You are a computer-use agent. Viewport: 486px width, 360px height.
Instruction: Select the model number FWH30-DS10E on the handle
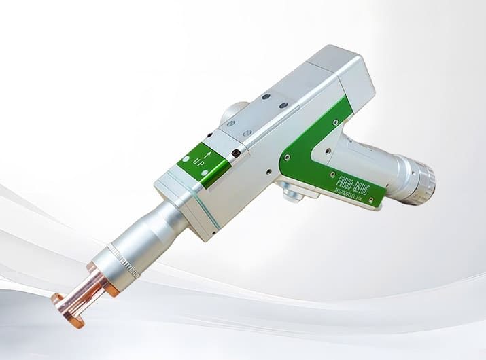tap(354, 182)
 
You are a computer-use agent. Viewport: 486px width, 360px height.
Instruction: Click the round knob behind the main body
tap(235, 111)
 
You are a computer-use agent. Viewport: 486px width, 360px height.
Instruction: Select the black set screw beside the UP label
tap(235, 154)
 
